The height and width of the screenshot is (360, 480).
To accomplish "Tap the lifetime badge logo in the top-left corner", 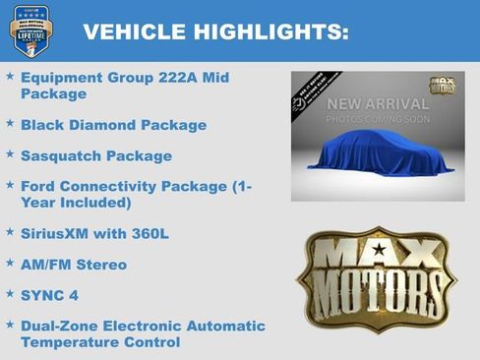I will tap(30, 30).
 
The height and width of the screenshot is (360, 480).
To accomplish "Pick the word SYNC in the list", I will tap(43, 294).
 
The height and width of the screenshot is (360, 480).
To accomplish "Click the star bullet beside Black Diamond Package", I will tap(10, 124).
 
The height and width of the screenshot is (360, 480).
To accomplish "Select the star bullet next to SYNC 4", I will tap(10, 294).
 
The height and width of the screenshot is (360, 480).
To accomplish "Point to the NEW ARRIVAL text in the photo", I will tap(378, 103).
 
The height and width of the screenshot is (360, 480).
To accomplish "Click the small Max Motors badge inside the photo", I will tap(442, 86).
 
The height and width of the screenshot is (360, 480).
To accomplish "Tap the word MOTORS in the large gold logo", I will tap(378, 291).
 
